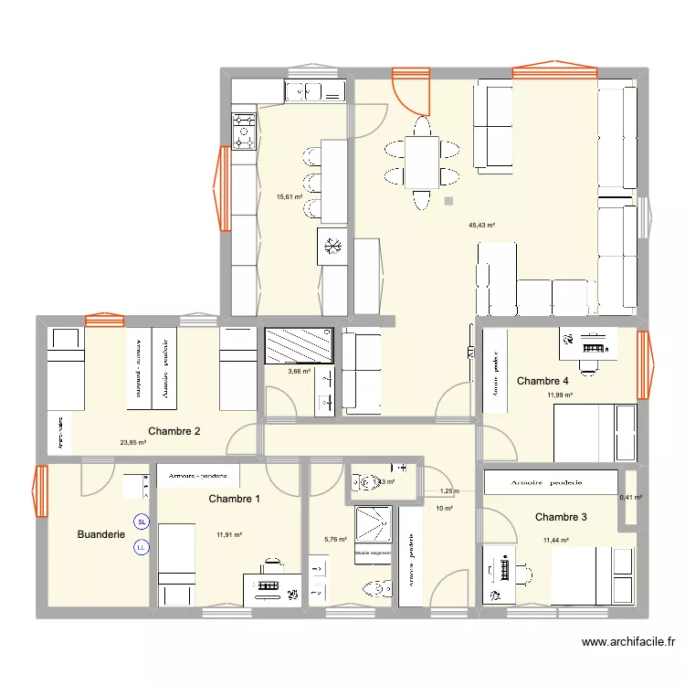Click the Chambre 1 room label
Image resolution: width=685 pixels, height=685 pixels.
point(234,499)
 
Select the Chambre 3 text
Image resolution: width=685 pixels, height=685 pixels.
point(561,517)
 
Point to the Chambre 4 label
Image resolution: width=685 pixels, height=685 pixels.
point(543,381)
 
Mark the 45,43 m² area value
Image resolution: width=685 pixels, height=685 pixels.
point(481,225)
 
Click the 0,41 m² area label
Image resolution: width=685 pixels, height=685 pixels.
point(631,498)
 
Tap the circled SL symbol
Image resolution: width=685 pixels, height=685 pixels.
point(141,522)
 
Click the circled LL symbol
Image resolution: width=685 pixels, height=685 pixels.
point(141,548)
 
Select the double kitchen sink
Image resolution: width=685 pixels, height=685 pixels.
point(314,90)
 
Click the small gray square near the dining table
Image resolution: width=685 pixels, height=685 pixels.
point(448,201)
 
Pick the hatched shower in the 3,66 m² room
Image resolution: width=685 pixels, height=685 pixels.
point(299,345)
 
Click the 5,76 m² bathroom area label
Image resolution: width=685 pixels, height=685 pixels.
point(336,540)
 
